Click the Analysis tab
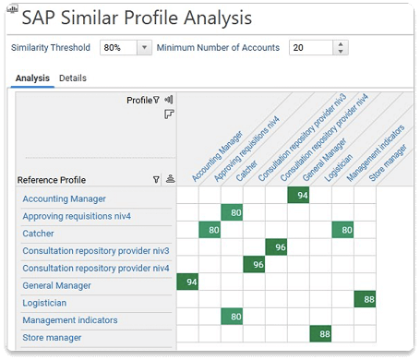(x=31, y=78)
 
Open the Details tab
(x=73, y=78)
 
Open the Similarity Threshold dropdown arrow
(x=144, y=48)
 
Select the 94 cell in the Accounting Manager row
(x=299, y=195)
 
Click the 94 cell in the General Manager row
(x=188, y=282)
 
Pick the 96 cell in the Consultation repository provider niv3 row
(x=277, y=247)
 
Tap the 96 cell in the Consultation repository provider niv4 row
(x=255, y=265)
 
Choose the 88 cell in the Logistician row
(x=366, y=300)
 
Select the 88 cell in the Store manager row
(x=321, y=334)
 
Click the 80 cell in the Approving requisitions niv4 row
(x=233, y=212)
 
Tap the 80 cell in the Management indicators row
(x=233, y=318)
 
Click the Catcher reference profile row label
(x=39, y=234)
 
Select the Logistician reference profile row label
(x=45, y=303)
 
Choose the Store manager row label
(x=53, y=338)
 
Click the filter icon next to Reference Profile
(x=155, y=180)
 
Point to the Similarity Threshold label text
(x=51, y=48)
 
